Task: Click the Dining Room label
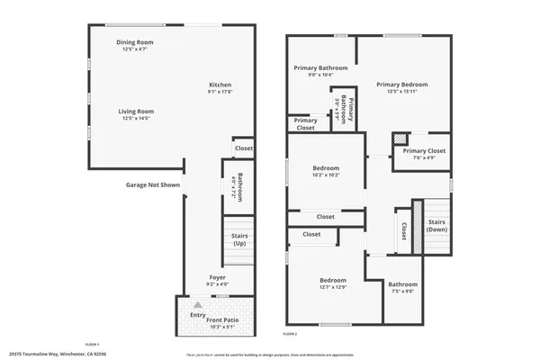pos(135,42)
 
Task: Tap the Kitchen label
pos(220,85)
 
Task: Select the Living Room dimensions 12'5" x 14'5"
pos(135,118)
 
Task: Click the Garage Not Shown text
pos(152,184)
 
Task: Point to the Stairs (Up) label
pos(239,239)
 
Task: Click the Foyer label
pos(218,277)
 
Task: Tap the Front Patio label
pos(221,320)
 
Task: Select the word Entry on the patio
pos(198,316)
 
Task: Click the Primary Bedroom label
pos(401,85)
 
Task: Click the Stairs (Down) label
pos(436,225)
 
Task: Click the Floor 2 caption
pos(290,334)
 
